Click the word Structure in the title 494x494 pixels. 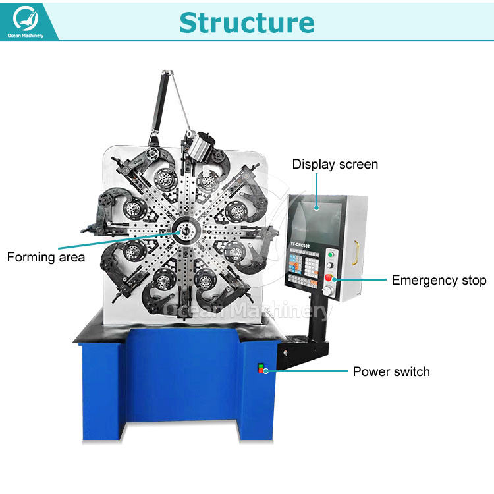[246, 22]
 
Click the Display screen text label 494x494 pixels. [335, 164]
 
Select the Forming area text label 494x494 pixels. [46, 257]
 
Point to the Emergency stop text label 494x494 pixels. [439, 280]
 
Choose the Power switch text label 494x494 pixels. [391, 371]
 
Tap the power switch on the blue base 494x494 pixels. [261, 368]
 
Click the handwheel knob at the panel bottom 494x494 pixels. [329, 290]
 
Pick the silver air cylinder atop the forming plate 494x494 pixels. [199, 144]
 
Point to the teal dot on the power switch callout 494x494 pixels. [265, 371]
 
